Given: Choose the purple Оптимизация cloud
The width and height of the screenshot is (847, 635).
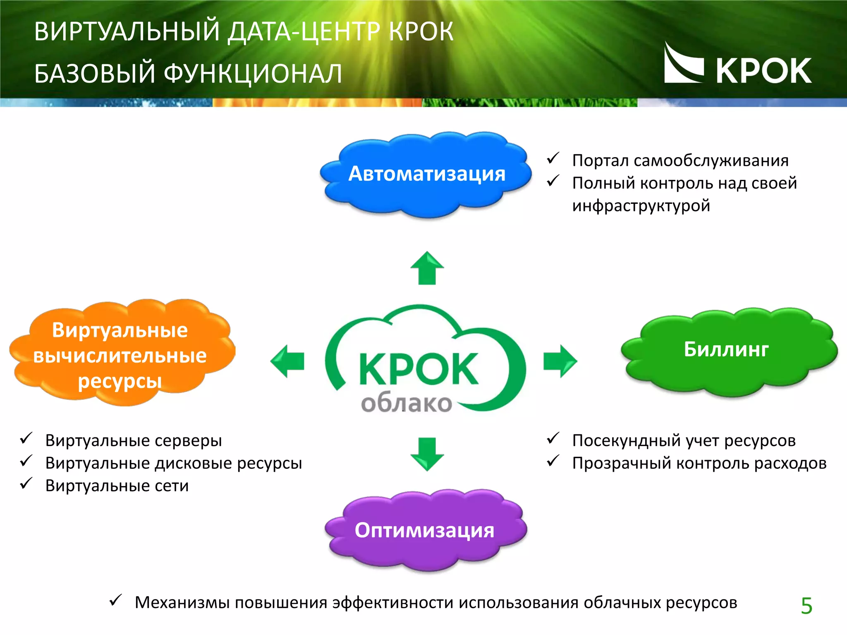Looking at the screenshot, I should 425,530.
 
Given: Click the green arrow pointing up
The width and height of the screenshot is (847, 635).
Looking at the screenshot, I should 427,269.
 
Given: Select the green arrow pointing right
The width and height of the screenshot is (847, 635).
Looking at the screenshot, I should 560,361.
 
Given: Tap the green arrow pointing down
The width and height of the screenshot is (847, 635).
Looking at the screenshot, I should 427,454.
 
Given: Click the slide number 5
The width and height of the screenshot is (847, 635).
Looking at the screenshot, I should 806,606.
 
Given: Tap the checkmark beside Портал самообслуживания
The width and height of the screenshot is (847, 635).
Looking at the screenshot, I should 553,158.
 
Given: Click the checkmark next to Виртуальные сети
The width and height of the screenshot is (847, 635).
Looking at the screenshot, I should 26,483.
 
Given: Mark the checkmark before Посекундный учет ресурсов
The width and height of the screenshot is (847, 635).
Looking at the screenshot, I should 553,438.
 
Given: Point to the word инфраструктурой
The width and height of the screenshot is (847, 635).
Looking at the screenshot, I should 641,206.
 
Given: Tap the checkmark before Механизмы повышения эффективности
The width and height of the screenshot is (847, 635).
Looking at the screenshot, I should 115,600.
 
